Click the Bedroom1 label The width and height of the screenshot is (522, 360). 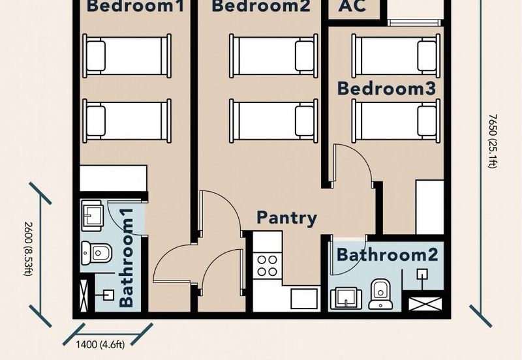point(135,8)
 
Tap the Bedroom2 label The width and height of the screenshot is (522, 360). point(260,8)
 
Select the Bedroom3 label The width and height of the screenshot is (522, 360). point(386,88)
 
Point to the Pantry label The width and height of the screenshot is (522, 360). point(286,217)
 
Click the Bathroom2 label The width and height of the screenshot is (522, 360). point(388,254)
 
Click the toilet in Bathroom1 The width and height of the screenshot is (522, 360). point(96,252)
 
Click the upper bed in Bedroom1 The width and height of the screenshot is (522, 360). point(127,55)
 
